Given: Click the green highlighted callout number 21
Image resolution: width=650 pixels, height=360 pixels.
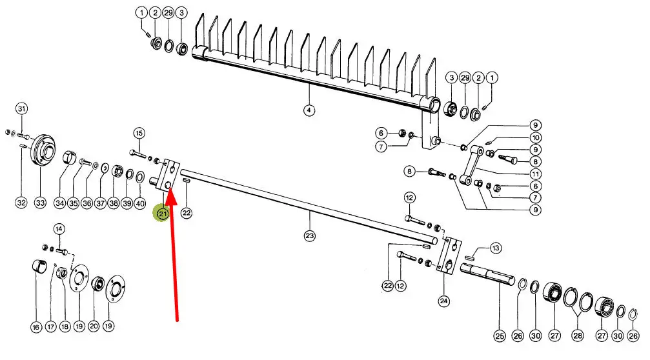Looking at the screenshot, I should [x=161, y=214].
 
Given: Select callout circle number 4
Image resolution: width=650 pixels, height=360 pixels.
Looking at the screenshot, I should [x=309, y=110].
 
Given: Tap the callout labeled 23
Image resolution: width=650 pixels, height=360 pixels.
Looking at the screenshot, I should [x=310, y=235].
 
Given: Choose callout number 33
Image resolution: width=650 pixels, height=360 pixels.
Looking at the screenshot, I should [x=41, y=203].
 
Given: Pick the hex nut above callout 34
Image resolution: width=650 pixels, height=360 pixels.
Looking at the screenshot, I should [x=68, y=159].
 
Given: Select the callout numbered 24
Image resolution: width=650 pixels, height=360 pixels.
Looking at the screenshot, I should [x=443, y=300].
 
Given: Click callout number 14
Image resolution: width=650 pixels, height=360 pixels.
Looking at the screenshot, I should [x=59, y=228].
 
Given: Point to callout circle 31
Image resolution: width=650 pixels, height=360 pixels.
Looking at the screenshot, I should [x=21, y=108].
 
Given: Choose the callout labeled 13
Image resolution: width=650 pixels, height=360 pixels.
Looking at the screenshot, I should [x=496, y=248].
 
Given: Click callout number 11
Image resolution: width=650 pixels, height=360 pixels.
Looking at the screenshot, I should [x=536, y=174].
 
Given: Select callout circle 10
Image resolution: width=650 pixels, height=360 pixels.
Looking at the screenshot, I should [x=536, y=137].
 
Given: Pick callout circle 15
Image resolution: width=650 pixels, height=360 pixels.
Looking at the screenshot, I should [x=139, y=134].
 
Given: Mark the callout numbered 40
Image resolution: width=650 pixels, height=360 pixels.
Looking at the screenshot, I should [x=140, y=203].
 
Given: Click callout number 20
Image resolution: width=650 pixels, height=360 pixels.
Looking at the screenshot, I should [x=94, y=326].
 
